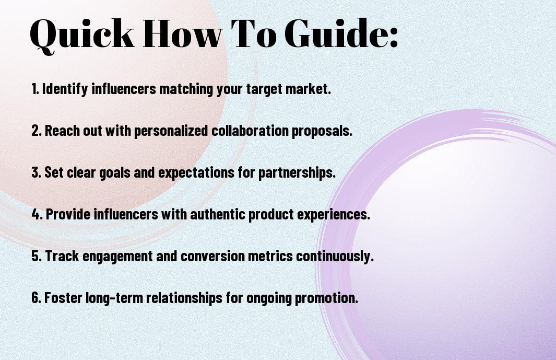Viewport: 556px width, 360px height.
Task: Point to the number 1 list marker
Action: tap(35, 89)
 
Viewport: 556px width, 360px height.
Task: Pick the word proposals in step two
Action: tap(322, 131)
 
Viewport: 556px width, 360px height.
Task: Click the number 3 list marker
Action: tap(37, 172)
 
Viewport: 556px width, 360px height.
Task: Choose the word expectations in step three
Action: tap(196, 173)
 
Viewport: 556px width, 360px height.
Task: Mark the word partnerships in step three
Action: tap(297, 172)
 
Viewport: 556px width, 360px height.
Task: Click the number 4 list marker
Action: tap(37, 214)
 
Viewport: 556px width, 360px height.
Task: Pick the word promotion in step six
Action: tap(327, 298)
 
